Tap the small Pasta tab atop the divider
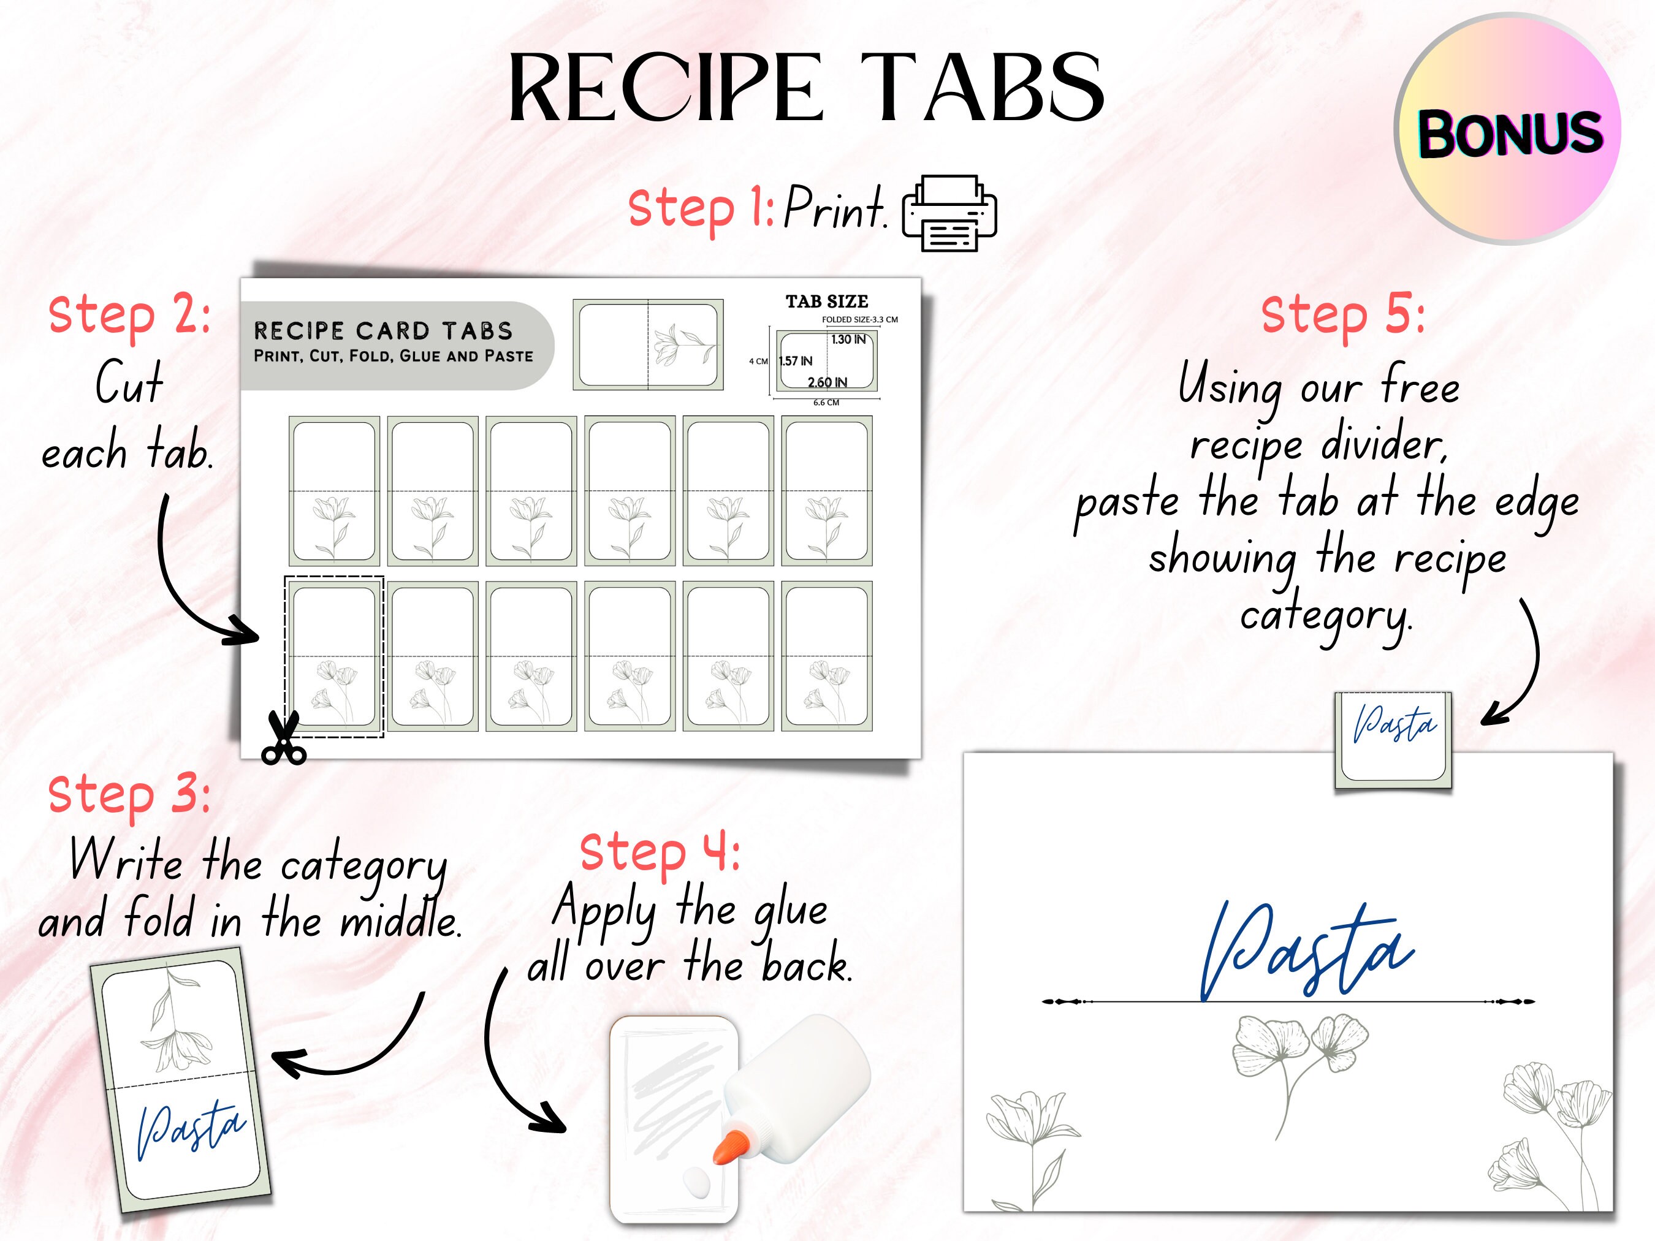point(1393,726)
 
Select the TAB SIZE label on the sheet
point(826,302)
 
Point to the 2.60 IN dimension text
point(827,382)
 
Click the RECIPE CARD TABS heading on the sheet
point(383,331)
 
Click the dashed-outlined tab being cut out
point(333,656)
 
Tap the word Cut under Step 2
point(129,383)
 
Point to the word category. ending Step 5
point(1326,617)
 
